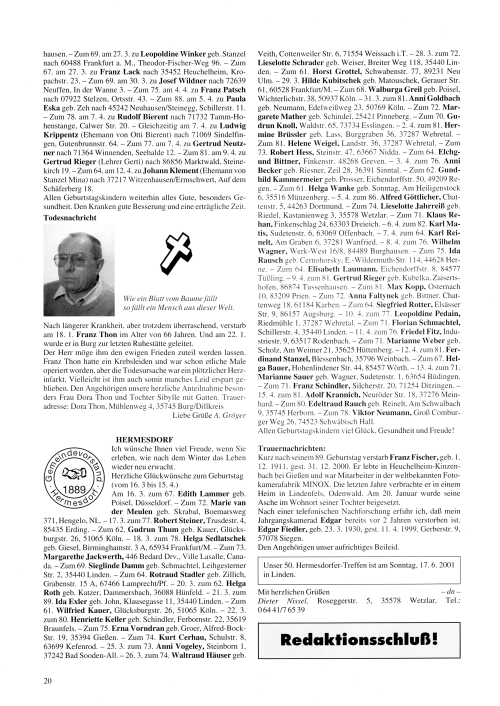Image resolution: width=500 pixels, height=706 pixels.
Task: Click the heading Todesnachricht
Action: pos(70,217)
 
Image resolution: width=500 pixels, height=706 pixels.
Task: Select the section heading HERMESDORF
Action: pos(144,439)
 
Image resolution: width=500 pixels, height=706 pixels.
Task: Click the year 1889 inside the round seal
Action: pos(77,489)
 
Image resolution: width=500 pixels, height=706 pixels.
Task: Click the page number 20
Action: pos(47,680)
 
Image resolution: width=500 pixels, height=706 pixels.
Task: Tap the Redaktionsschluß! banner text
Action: pos(359,638)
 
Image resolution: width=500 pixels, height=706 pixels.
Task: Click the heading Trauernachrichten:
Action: pos(291,448)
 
